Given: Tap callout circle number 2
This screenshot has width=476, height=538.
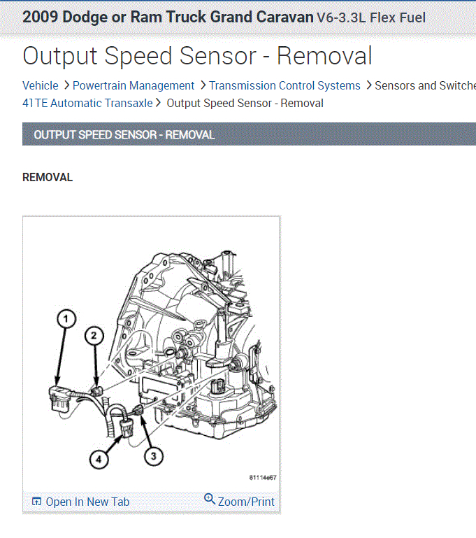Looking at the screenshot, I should point(94,336).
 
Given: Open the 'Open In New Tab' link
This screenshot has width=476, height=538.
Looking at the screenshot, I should point(87,502).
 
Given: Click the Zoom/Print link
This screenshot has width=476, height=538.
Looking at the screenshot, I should point(246,502).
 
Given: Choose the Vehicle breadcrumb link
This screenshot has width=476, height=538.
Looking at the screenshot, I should point(41,85).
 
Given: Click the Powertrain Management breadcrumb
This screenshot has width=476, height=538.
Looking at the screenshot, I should point(134,85).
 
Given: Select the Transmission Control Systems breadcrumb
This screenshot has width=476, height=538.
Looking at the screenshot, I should point(284,85).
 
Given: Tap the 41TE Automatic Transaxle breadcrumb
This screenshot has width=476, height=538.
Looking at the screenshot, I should point(87,103).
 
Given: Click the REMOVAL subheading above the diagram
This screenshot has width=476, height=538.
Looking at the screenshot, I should point(48,177).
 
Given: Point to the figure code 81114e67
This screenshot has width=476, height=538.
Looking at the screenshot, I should point(263,478).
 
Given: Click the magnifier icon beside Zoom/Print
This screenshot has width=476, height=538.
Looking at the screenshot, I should point(210,499).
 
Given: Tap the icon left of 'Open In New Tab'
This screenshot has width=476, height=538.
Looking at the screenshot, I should point(37,502).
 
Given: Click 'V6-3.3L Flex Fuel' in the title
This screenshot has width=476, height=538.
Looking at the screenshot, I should point(370,17).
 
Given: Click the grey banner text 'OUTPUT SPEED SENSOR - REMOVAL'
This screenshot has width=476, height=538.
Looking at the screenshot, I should point(124,134).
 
